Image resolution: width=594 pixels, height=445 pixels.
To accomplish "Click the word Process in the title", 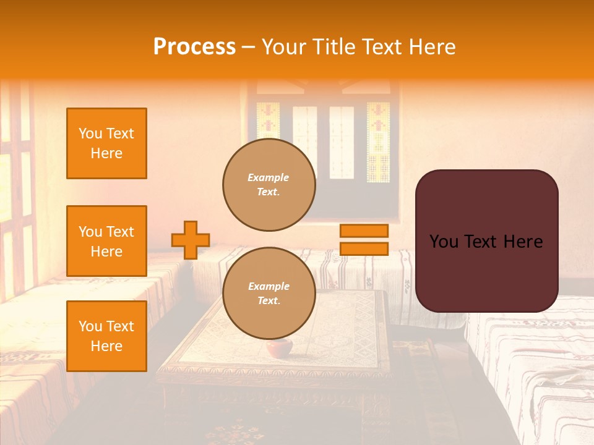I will pyautogui.click(x=194, y=46).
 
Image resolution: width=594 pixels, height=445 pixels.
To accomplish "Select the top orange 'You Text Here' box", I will pyautogui.click(x=106, y=143).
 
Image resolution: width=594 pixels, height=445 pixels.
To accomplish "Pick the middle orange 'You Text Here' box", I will pyautogui.click(x=106, y=241).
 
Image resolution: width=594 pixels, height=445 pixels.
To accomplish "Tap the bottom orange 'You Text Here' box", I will pyautogui.click(x=106, y=336).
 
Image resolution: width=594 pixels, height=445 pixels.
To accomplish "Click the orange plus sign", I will pyautogui.click(x=191, y=240).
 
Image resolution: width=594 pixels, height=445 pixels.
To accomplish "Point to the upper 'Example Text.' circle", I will pyautogui.click(x=269, y=185).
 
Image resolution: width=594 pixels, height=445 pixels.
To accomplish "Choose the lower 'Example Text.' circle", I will pyautogui.click(x=269, y=294).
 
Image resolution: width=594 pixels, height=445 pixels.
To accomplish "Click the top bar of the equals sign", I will pyautogui.click(x=364, y=231).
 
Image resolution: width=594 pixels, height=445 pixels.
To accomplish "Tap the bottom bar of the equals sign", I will pyautogui.click(x=364, y=248).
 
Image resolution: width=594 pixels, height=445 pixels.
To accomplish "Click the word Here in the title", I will pyautogui.click(x=431, y=46).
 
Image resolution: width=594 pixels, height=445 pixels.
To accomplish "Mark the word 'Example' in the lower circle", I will pyautogui.click(x=269, y=286).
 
